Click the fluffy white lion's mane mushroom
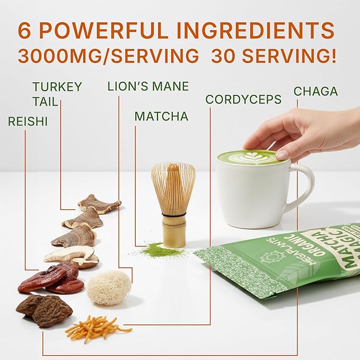(109, 287)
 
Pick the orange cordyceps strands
(95, 327)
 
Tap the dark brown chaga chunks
(45, 310)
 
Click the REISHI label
(28, 121)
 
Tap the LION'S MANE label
(148, 86)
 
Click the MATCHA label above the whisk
(161, 116)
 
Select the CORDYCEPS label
(243, 99)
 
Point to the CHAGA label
(315, 91)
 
